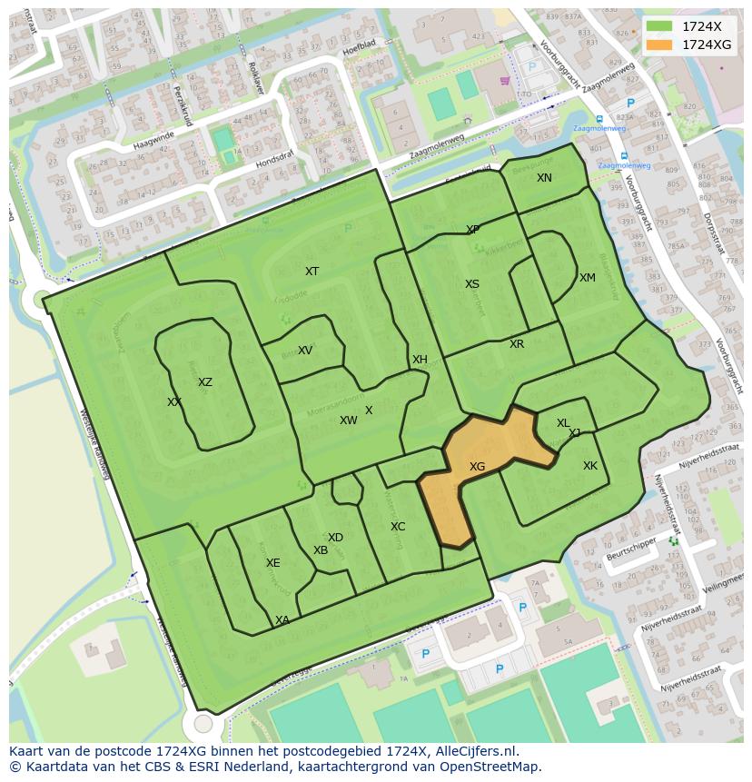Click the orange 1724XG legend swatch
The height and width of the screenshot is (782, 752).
pos(660,45)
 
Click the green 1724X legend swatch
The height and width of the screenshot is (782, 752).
pos(660,26)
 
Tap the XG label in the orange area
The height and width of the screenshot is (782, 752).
pos(477,466)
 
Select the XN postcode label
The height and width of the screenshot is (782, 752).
pos(544,178)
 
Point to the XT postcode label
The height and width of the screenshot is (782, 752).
pos(312,272)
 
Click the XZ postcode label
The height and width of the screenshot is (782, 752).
pos(205,382)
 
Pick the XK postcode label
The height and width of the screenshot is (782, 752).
pos(590,466)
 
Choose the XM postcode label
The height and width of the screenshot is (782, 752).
pos(588,278)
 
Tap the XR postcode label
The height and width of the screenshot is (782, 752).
pos(517,344)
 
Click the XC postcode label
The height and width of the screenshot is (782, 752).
pos(398,527)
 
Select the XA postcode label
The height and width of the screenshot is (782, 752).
pos(282,620)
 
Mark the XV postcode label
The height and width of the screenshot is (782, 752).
pos(305,351)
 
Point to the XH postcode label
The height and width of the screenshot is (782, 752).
pos(420,360)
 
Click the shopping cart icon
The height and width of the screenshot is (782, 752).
pos(505,80)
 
